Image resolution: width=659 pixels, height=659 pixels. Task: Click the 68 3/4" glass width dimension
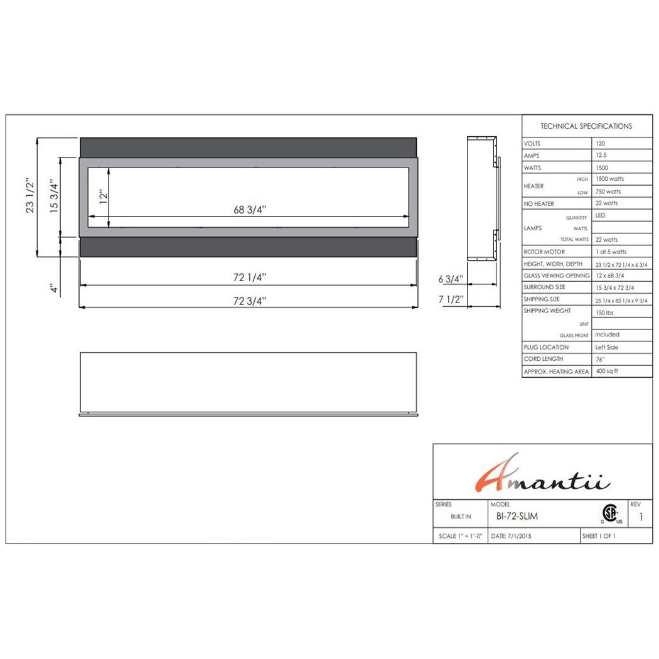click(250, 210)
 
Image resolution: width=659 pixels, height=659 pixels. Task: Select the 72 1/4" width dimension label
click(250, 277)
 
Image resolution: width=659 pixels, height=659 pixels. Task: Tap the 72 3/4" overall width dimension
click(250, 301)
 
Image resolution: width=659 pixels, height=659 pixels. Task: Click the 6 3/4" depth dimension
click(451, 279)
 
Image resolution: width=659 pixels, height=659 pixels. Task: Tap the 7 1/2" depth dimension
click(451, 300)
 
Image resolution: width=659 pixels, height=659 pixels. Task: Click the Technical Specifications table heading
click(586, 126)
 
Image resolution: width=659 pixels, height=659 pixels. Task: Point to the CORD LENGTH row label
click(544, 359)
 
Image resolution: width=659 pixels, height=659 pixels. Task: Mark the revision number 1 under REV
click(640, 517)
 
